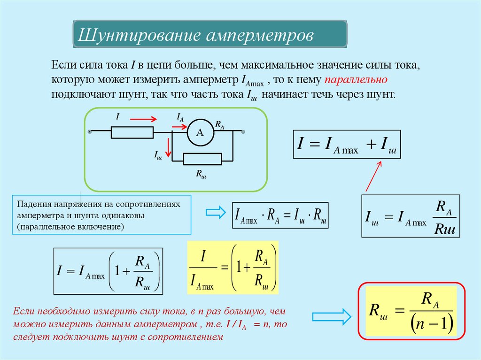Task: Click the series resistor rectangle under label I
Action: coord(132,132)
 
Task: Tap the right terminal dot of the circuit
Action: coord(243,132)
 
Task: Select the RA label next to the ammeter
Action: coord(219,124)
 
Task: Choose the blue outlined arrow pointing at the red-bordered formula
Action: coord(331,316)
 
